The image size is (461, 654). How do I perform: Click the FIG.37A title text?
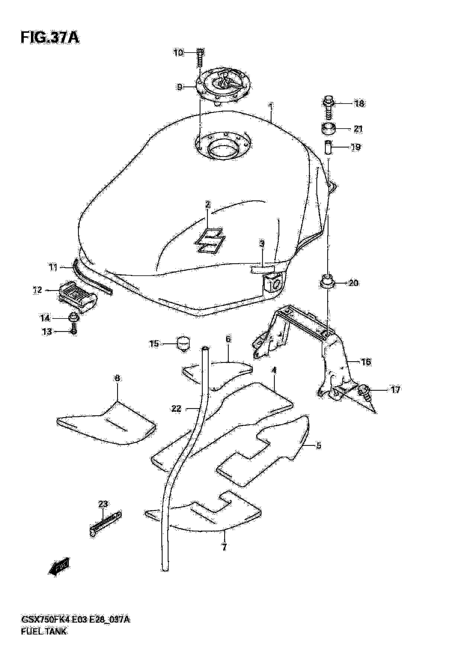click(50, 38)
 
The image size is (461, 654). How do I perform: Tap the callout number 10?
click(178, 53)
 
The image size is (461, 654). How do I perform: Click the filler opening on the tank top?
click(224, 148)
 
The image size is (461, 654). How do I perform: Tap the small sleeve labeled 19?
click(328, 147)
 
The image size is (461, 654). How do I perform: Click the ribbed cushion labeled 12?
click(78, 296)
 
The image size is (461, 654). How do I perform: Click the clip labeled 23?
click(105, 524)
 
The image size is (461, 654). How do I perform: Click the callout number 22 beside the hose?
click(176, 409)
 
